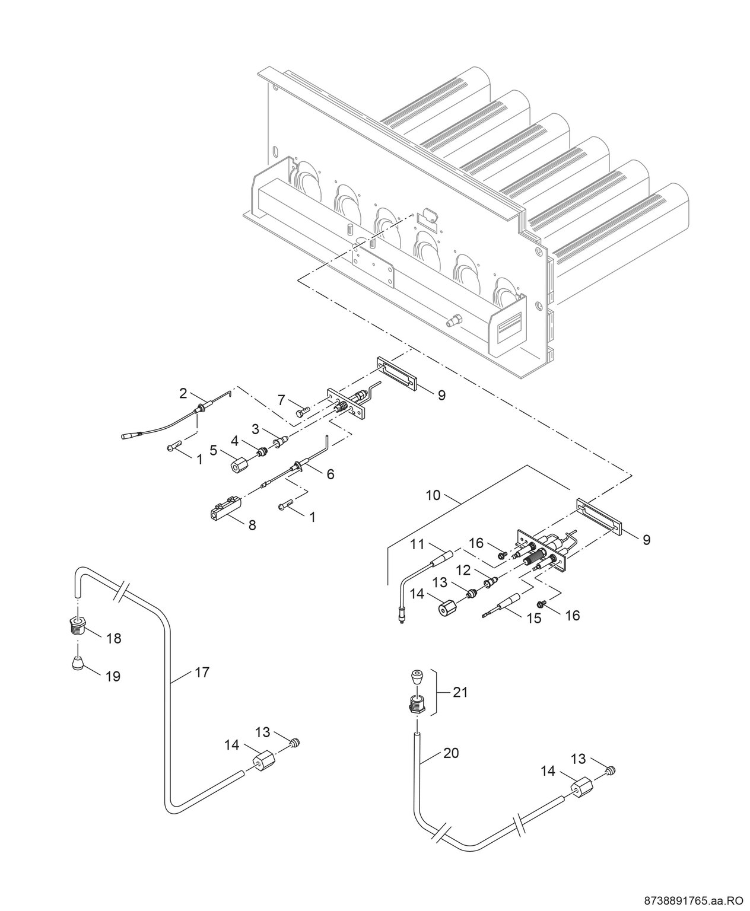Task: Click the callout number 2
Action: (183, 393)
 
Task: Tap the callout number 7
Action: (282, 400)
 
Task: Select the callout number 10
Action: (433, 495)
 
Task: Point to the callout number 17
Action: (202, 672)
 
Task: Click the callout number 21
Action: (460, 692)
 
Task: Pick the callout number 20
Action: (451, 753)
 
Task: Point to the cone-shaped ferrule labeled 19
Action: (77, 662)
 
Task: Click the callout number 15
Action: (534, 618)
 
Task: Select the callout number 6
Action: (330, 473)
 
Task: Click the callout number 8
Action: (252, 525)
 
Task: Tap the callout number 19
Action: (112, 676)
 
